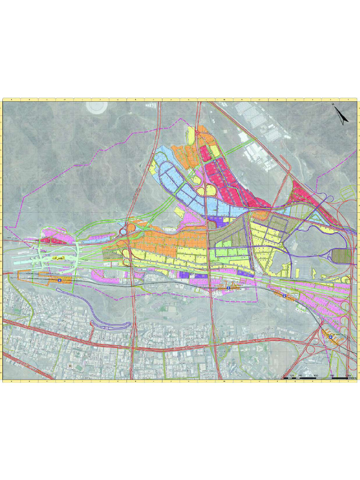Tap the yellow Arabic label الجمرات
pyautogui.click(x=56, y=258)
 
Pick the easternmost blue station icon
pyautogui.click(x=329, y=336)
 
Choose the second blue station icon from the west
pyautogui.click(x=228, y=287)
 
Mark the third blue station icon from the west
pyautogui.click(x=284, y=295)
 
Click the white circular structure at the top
pyautogui.click(x=97, y=106)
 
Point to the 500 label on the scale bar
pyautogui.click(x=315, y=375)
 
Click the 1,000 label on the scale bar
pyautogui.click(x=348, y=375)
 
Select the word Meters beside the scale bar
pyautogui.click(x=352, y=378)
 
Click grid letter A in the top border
pyautogui.click(x=11, y=100)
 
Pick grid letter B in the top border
pyautogui.click(x=29, y=100)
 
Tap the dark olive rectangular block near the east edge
pyautogui.click(x=344, y=256)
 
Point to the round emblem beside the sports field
pyautogui.click(x=70, y=365)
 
